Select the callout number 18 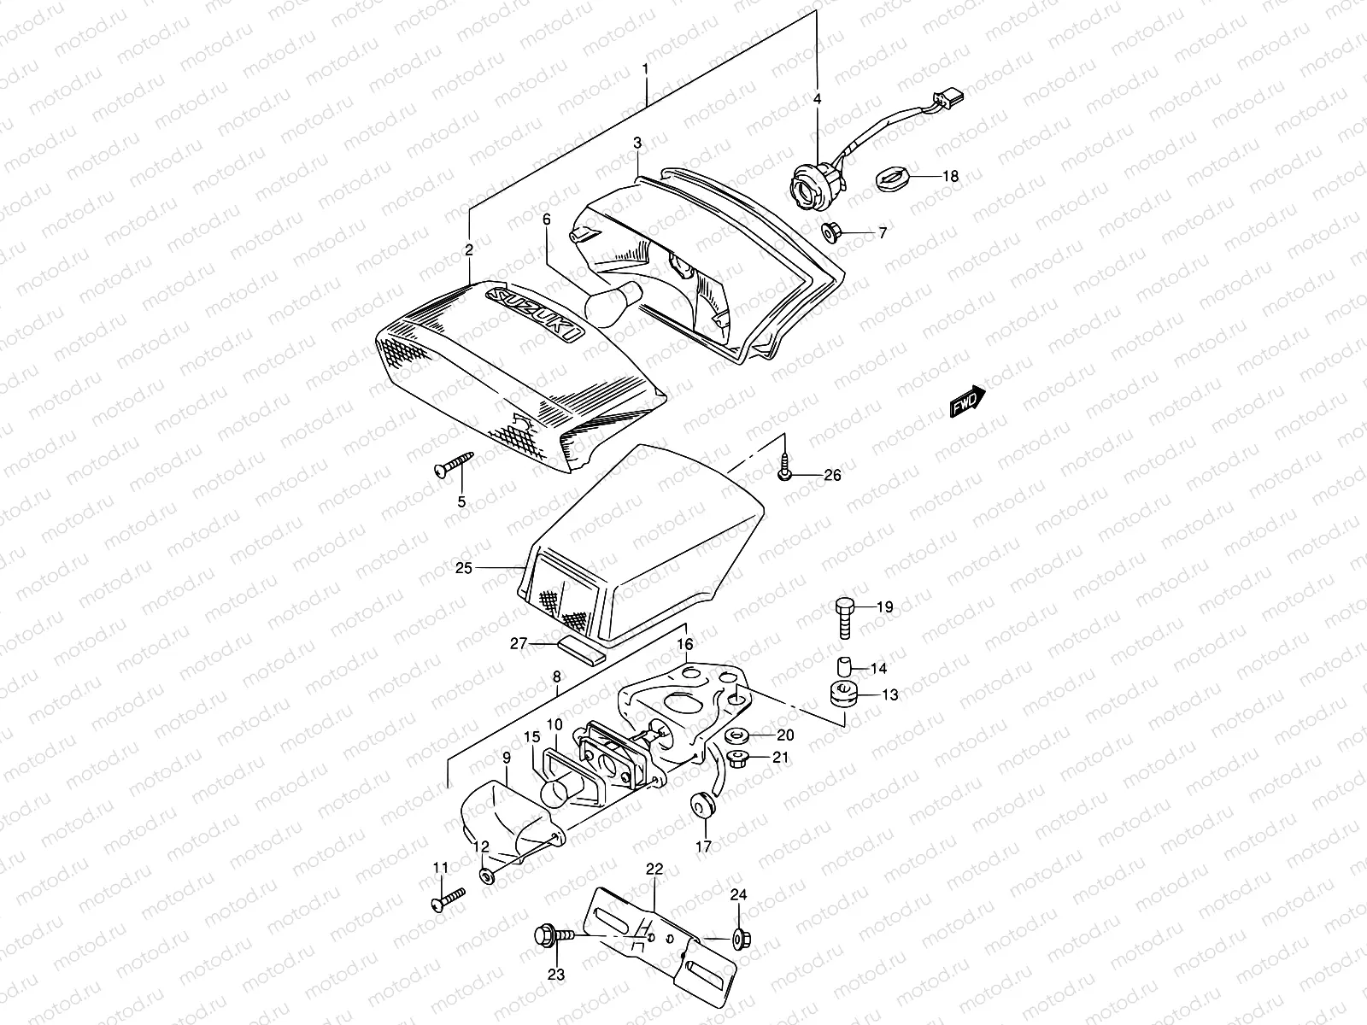pyautogui.click(x=950, y=177)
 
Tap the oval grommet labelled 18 pyautogui.click(x=889, y=179)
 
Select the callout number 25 pyautogui.click(x=463, y=568)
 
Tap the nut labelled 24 pyautogui.click(x=741, y=939)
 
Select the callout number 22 pyautogui.click(x=654, y=869)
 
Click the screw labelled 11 pyautogui.click(x=450, y=899)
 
